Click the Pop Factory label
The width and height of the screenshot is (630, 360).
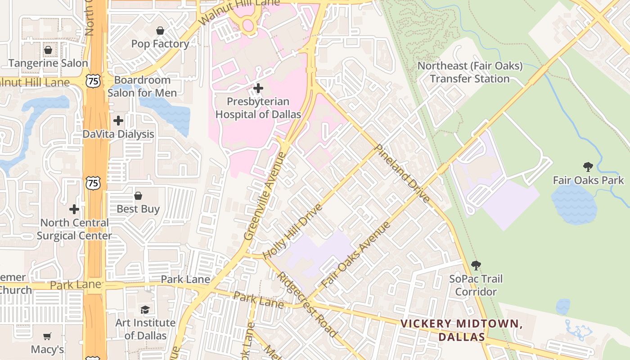point(160,44)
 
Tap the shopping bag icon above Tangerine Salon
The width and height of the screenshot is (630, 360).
point(48,49)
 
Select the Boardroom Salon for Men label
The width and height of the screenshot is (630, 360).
point(142,86)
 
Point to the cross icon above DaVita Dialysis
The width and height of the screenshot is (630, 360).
point(118,121)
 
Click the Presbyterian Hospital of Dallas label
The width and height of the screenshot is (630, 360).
point(258,108)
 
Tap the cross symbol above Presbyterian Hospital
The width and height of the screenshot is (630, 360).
point(258,88)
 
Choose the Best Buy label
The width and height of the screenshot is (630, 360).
point(138,209)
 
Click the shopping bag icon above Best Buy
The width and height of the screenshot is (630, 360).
point(138,196)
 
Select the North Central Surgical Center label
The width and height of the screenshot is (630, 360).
point(74,229)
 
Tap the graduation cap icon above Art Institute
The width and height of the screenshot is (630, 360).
point(145,310)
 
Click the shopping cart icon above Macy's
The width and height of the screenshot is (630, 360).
point(47,336)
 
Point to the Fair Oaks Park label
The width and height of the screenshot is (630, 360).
point(588,180)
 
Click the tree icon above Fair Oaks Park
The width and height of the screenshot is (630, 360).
point(588,167)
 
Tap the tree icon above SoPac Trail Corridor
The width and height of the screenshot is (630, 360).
point(476,265)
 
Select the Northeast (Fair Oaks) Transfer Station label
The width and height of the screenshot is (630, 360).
point(470,72)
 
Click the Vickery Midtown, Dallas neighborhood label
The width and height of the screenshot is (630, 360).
point(461,330)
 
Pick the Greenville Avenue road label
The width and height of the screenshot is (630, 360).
point(265,196)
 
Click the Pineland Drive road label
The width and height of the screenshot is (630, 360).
point(402,173)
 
